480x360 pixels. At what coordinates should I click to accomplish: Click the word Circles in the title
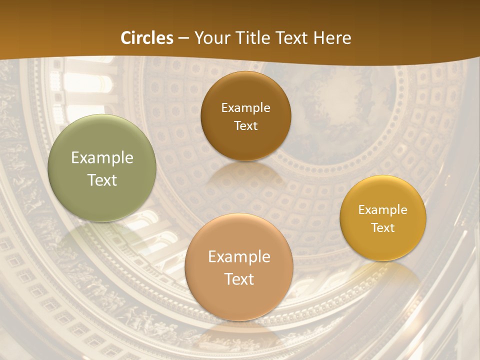[146, 38]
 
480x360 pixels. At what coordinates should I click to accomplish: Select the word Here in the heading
[332, 38]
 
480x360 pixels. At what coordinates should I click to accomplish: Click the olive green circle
[102, 168]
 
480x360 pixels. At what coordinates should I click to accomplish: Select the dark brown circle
[245, 116]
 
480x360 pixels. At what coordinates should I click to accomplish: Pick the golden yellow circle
[383, 218]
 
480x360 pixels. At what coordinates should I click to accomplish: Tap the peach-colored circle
[239, 267]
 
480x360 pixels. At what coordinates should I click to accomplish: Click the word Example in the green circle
[102, 158]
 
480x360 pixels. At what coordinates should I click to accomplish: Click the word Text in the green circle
[102, 180]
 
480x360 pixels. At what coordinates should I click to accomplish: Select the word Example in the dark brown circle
[245, 107]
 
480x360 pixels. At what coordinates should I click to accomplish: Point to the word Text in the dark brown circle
[245, 125]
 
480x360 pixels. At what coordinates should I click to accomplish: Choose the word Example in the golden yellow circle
[383, 209]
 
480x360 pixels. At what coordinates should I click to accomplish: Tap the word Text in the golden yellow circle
[383, 227]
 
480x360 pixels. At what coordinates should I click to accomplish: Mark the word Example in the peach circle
[239, 256]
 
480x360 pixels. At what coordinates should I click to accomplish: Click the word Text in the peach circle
[239, 278]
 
